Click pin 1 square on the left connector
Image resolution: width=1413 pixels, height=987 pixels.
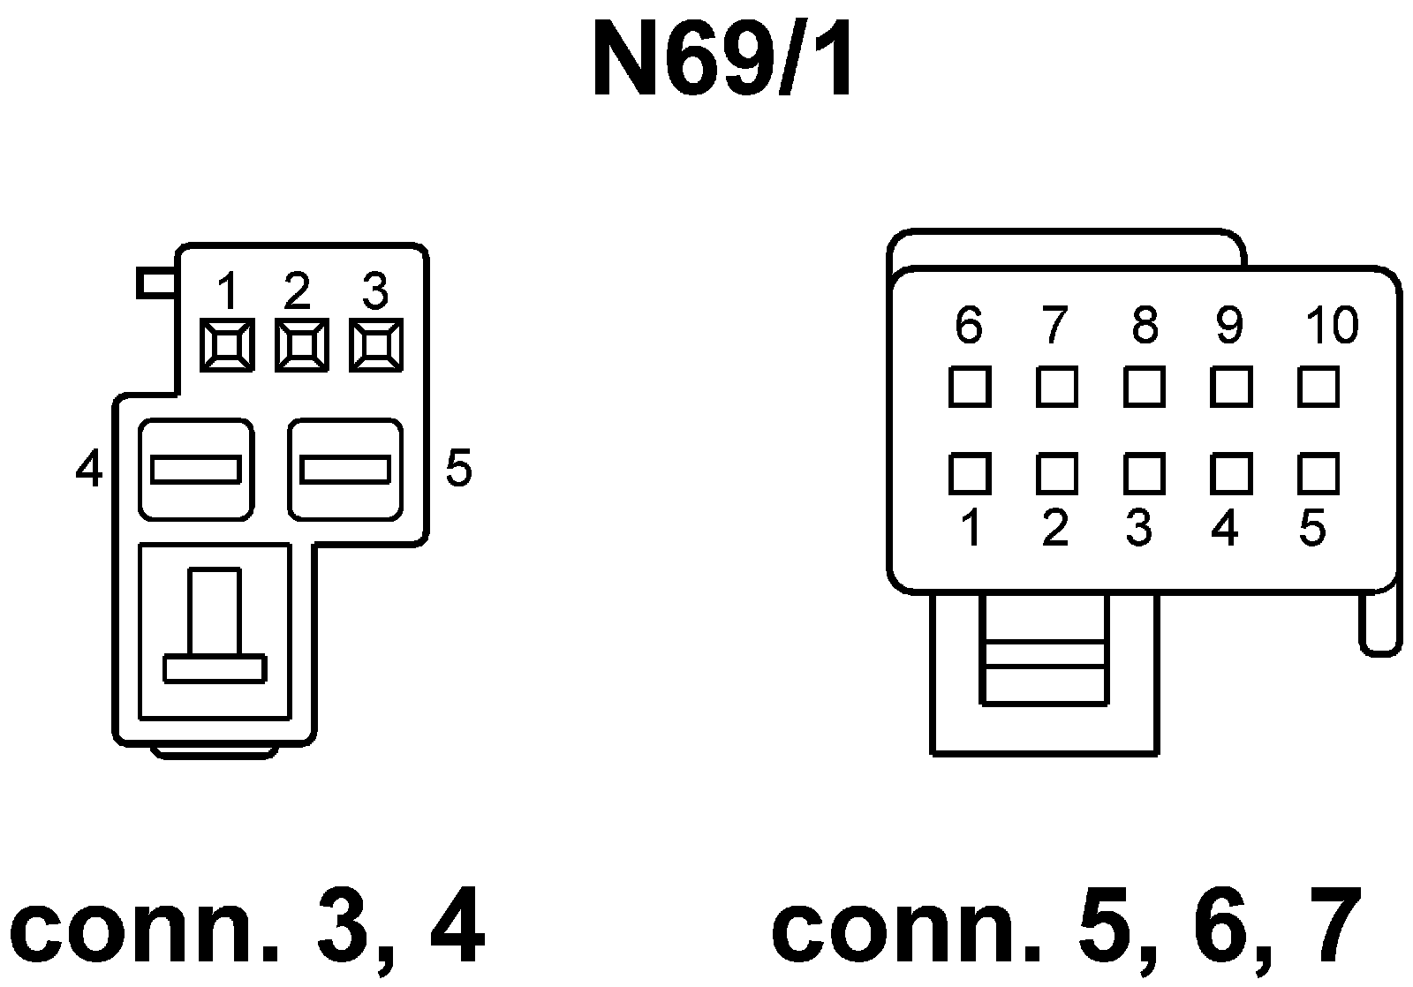tap(227, 344)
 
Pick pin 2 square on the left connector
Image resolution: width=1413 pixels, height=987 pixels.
tap(302, 344)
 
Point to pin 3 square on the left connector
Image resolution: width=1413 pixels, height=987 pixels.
tap(376, 344)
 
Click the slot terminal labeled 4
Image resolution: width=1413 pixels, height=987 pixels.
tap(196, 470)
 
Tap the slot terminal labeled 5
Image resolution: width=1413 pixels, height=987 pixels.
tap(345, 470)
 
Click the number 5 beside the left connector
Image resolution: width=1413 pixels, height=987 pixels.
tap(458, 468)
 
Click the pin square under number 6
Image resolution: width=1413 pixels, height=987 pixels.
tap(969, 387)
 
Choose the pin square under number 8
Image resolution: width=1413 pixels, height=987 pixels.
tap(1144, 387)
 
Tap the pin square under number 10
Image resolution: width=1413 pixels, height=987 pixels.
tap(1319, 387)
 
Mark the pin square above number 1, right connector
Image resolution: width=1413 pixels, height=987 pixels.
tap(969, 474)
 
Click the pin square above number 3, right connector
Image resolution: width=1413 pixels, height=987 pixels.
tap(1144, 474)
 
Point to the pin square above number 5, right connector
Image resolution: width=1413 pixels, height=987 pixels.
tap(1319, 474)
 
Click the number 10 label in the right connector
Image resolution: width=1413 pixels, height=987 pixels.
tap(1332, 326)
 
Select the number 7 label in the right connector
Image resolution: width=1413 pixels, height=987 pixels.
tap(1054, 326)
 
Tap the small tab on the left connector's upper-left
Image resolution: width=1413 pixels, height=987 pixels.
tap(157, 283)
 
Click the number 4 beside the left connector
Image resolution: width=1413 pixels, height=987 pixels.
tap(88, 469)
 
